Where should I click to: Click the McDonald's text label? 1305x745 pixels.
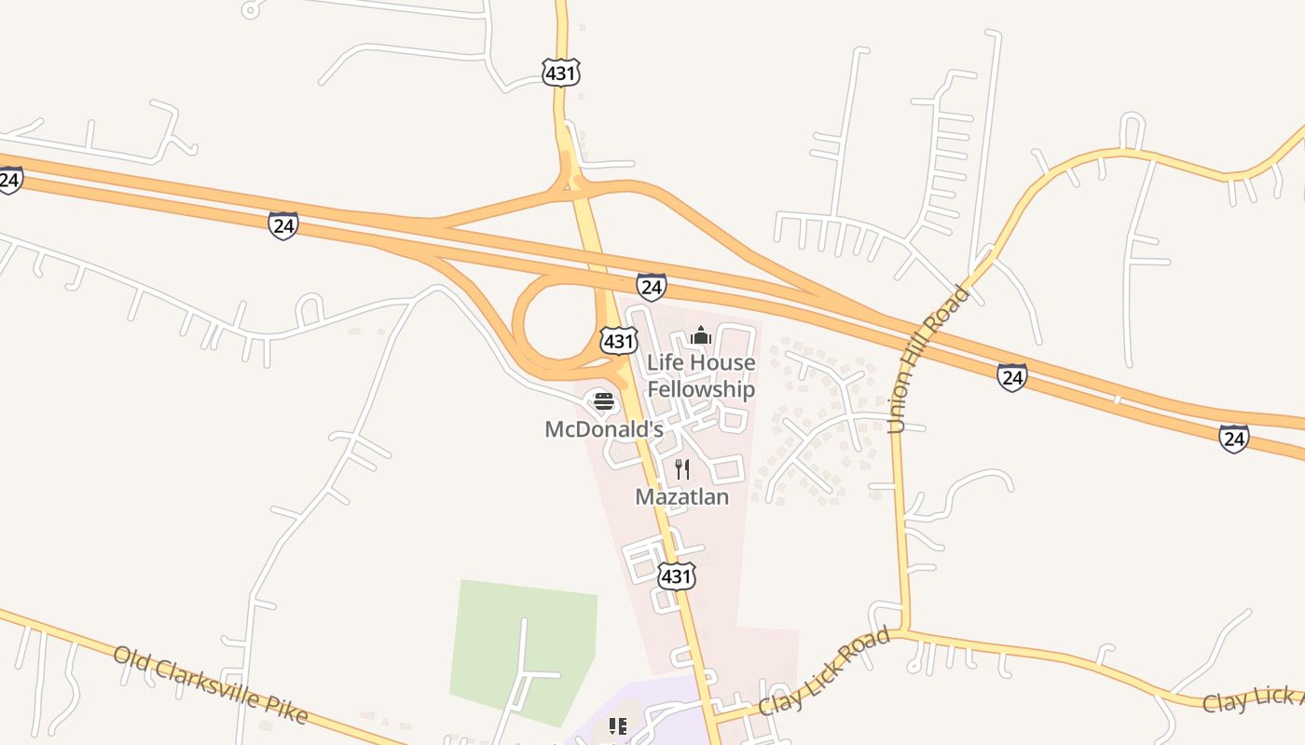tap(603, 429)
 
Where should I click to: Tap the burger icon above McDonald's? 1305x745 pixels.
tap(604, 402)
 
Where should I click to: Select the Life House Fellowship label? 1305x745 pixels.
tap(701, 376)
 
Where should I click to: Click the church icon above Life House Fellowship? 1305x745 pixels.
tap(701, 335)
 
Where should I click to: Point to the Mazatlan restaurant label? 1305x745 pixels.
tap(681, 496)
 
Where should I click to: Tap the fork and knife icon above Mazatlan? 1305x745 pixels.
tap(682, 468)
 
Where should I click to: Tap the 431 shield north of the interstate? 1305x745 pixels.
tap(561, 72)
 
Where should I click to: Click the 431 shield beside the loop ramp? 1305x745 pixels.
tap(618, 341)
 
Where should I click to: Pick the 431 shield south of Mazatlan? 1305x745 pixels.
tap(676, 576)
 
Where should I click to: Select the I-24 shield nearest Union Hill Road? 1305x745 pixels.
tap(1012, 377)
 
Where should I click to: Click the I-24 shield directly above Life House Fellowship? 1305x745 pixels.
tap(652, 286)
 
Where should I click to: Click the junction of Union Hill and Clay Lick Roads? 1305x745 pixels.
tap(902, 631)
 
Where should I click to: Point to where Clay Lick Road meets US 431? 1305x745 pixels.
tap(715, 717)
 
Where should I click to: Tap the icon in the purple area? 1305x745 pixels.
tap(617, 725)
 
